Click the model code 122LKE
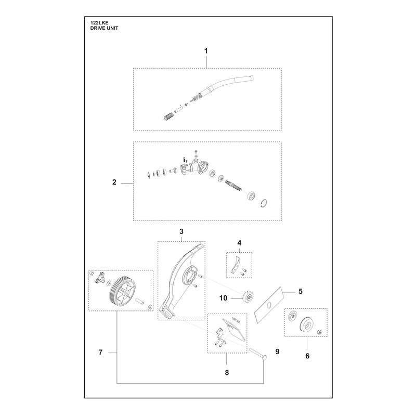[x=99, y=23]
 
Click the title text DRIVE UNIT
[x=105, y=28]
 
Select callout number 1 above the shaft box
[x=206, y=50]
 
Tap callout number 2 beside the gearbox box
[x=114, y=183]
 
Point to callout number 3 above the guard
[x=181, y=231]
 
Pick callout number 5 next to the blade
[x=301, y=291]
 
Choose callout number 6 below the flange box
[x=307, y=356]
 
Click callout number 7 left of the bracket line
[x=100, y=353]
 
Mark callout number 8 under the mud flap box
[x=227, y=372]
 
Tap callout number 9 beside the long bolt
[x=278, y=352]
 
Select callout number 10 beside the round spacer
[x=224, y=298]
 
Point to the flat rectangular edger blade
[x=269, y=305]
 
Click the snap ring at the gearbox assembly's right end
[x=264, y=203]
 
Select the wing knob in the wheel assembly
[x=99, y=278]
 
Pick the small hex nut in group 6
[x=320, y=332]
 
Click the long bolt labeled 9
[x=257, y=354]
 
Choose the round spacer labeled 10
[x=248, y=296]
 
